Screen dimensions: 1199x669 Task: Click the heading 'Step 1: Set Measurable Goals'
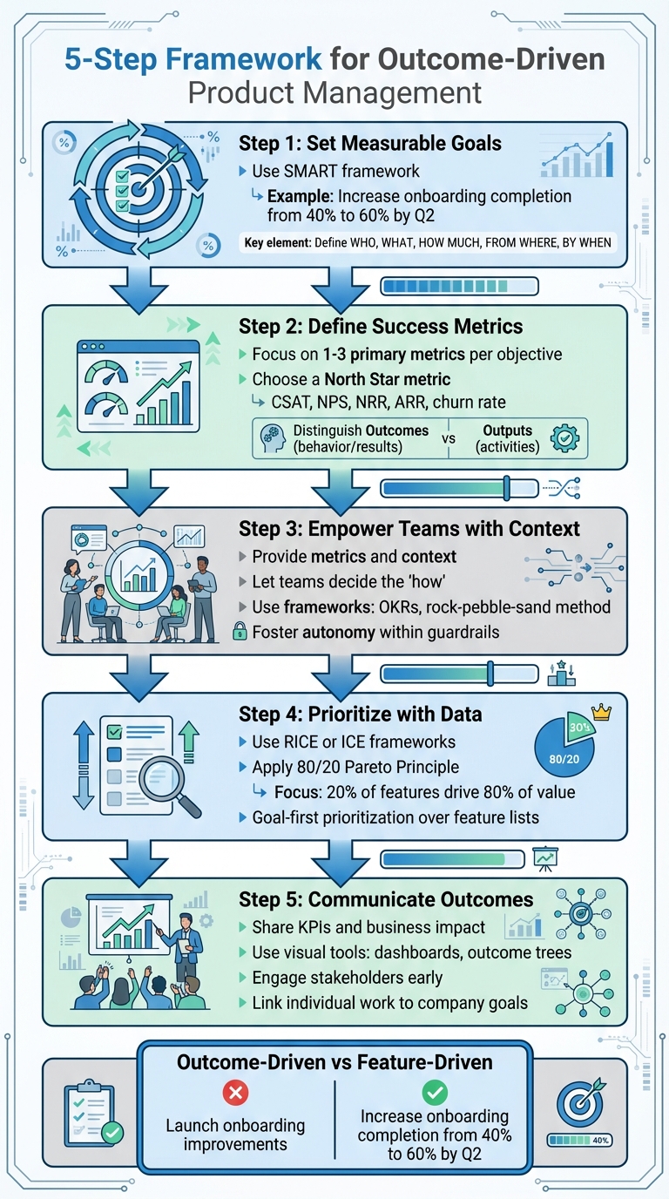[x=370, y=143]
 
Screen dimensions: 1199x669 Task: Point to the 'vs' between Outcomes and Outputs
[x=449, y=438]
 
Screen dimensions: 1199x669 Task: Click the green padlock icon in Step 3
[x=240, y=632]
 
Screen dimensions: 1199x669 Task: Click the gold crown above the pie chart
[x=601, y=713]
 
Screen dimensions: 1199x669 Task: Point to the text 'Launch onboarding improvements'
[x=235, y=1135]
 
